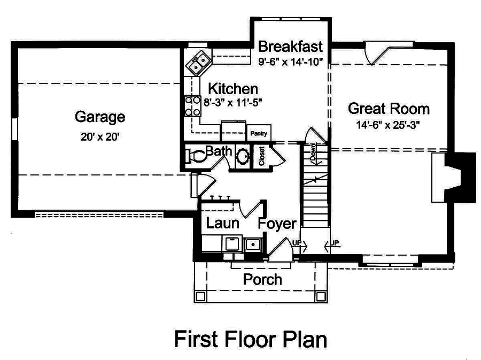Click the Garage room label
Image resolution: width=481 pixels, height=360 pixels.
coord(100,117)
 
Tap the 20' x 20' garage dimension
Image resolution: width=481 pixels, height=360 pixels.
coord(100,136)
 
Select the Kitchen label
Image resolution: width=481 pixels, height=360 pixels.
coord(232,89)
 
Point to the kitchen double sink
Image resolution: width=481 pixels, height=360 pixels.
coord(198,64)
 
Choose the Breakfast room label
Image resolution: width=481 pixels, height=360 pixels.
coord(290,46)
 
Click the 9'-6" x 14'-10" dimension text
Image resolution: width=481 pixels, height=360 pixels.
coord(290,61)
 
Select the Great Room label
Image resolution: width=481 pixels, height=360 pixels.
coord(389,109)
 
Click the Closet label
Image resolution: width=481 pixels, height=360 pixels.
coord(262,156)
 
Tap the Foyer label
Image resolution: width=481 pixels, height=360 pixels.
coord(277,224)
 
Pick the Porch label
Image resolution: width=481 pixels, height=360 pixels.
coord(262,279)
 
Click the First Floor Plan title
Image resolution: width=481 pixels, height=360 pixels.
coord(250,339)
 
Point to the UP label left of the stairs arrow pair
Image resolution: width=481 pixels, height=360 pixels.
coord(296,243)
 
